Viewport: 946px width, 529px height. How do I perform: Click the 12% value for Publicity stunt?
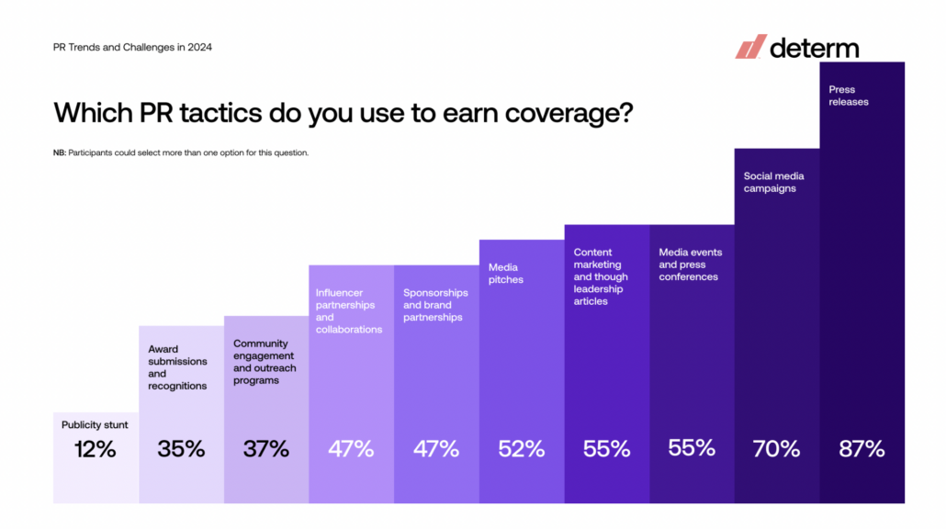(95, 449)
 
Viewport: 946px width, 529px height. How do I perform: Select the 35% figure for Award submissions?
(181, 449)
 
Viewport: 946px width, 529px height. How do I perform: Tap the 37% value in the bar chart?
(266, 449)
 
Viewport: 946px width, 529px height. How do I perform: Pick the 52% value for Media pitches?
(522, 449)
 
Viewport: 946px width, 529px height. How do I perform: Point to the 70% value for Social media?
(776, 449)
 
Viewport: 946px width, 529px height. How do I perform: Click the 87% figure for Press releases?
(862, 449)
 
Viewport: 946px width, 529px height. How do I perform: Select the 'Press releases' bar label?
(849, 96)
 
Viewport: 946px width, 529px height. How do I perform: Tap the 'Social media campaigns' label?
(773, 182)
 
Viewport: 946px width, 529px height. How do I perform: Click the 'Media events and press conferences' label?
(690, 264)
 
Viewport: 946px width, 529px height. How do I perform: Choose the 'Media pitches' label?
(505, 274)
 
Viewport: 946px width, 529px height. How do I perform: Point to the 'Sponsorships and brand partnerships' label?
(435, 305)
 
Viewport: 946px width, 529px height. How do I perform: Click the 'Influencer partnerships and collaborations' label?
(349, 310)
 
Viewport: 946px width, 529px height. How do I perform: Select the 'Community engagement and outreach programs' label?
(265, 362)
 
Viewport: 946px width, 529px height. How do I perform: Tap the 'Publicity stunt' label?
(95, 424)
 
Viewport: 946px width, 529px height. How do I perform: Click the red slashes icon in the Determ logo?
(750, 47)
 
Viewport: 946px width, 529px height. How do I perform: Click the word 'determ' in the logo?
(815, 49)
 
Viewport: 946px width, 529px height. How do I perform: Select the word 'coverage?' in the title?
(569, 113)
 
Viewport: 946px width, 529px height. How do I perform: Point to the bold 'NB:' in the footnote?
(60, 152)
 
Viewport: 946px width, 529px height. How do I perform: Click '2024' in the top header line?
(199, 47)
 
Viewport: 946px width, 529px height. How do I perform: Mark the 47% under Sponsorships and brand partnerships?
(436, 449)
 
